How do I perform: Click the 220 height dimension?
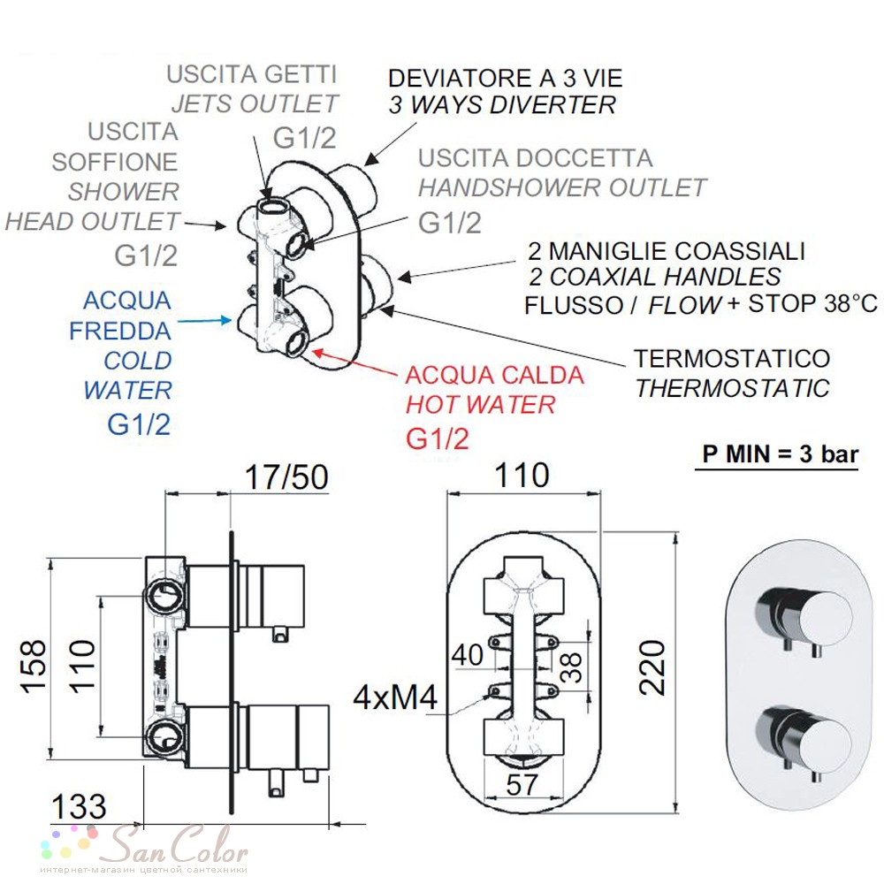click(652, 667)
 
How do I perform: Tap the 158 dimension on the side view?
click(34, 666)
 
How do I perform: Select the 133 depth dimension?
click(79, 807)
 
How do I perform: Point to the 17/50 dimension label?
click(286, 477)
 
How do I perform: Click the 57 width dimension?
click(522, 784)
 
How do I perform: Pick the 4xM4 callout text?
click(395, 697)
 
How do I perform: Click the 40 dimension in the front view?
click(468, 655)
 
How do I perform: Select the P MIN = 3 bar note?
click(781, 453)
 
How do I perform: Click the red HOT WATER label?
click(480, 405)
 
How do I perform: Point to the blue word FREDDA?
click(120, 331)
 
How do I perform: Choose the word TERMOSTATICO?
click(732, 359)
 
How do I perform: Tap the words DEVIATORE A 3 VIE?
click(505, 79)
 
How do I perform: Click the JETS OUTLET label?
click(255, 103)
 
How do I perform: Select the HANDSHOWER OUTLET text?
click(562, 187)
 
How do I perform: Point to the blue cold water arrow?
click(204, 321)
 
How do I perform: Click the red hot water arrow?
click(354, 362)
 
